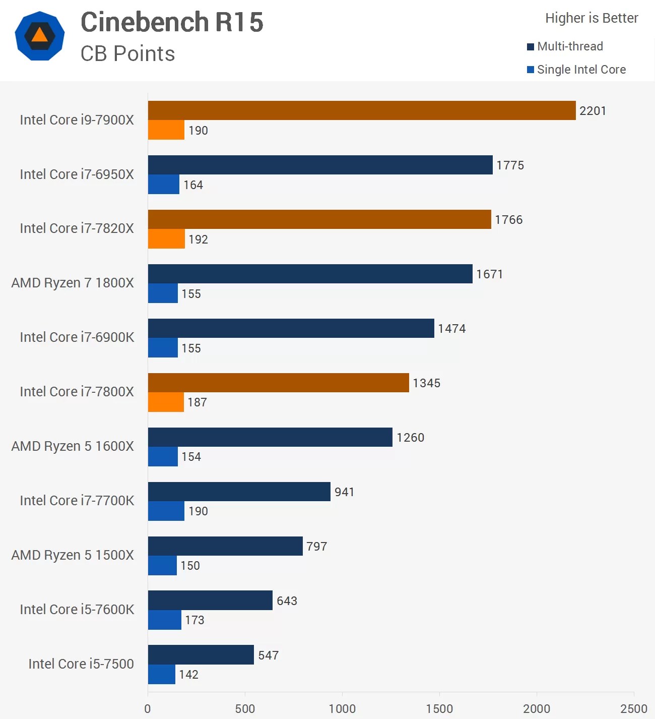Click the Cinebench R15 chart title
pos(172,22)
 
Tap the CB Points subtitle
pos(127,54)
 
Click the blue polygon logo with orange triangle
pos(40,36)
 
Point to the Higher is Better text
pos(592,18)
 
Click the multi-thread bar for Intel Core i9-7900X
pos(361,110)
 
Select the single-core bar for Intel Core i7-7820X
pos(166,239)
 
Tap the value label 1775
pos(510,165)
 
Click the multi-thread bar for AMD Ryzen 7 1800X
pos(310,274)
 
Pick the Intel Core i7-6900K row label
pos(77,337)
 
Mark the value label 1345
pos(426,383)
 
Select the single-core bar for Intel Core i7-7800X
pos(166,402)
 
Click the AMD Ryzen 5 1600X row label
pos(73,446)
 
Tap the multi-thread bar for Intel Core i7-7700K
pos(239,492)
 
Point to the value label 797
pos(316,547)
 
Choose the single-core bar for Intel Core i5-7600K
pos(164,620)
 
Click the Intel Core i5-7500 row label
pos(81,664)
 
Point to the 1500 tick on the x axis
pos(439,708)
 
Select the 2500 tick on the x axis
pos(633,708)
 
